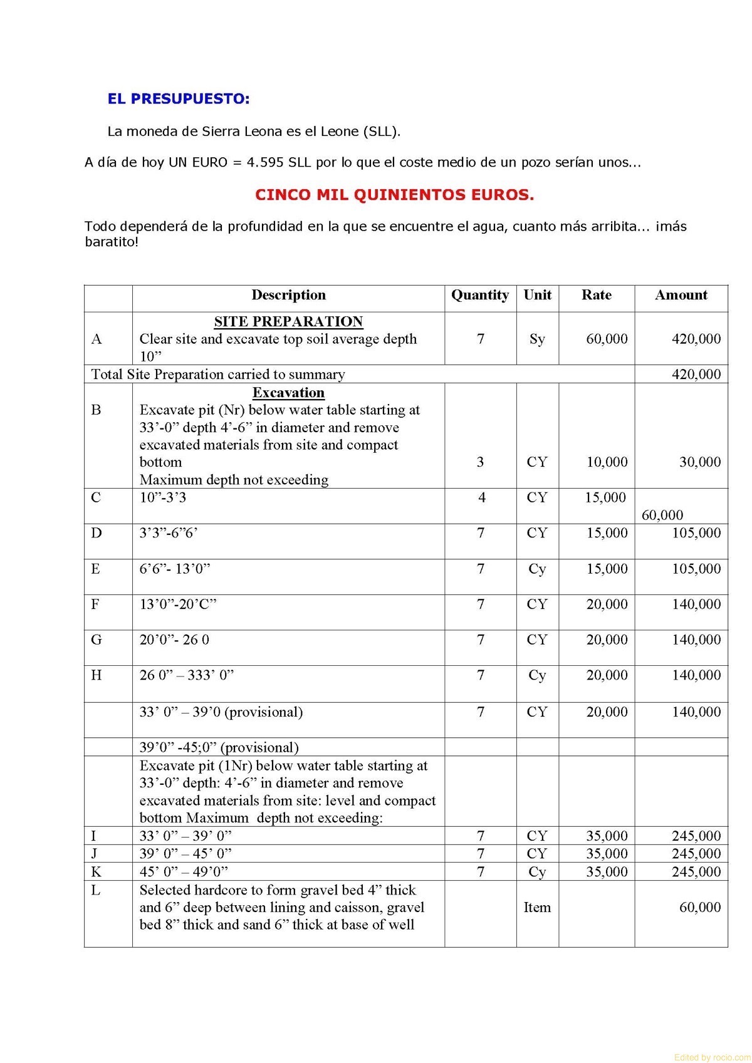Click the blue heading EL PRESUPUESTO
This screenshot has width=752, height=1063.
(179, 99)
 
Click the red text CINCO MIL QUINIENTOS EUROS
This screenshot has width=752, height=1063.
(394, 195)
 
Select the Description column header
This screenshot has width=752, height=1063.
(288, 295)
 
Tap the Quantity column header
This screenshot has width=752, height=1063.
(480, 295)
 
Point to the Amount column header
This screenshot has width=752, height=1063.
(681, 295)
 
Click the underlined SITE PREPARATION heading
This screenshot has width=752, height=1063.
(288, 321)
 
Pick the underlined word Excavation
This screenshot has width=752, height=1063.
(288, 393)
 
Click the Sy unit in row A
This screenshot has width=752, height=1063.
(537, 339)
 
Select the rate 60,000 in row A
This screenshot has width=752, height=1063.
(607, 339)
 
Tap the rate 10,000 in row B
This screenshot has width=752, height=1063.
(607, 462)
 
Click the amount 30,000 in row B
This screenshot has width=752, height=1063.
(699, 462)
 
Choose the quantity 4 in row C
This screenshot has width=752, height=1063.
(481, 497)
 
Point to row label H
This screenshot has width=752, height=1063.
(96, 675)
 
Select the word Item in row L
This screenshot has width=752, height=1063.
(537, 907)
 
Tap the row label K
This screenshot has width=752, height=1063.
(96, 872)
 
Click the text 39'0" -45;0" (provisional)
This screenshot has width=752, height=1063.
(219, 747)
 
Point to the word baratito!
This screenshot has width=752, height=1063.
(112, 242)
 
